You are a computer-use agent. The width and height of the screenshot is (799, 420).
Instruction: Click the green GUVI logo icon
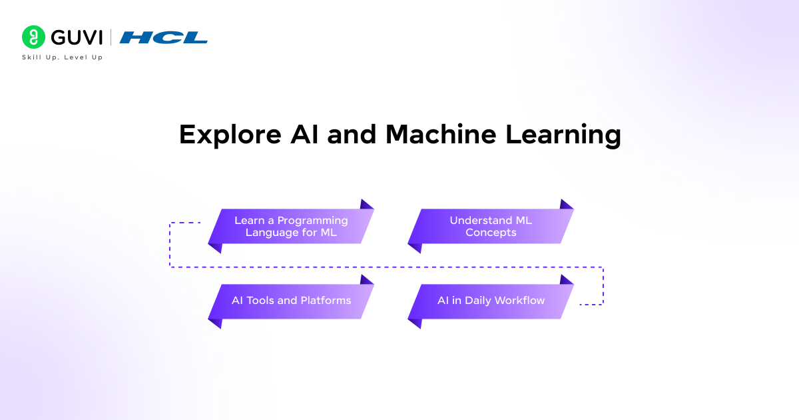click(x=33, y=37)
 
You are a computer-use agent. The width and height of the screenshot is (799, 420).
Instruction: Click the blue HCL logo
click(x=164, y=38)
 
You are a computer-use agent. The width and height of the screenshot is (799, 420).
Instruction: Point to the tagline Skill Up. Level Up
click(x=63, y=57)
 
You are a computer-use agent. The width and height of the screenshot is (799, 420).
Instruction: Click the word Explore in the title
click(x=220, y=135)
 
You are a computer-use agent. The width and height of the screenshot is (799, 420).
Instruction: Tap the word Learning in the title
click(x=563, y=135)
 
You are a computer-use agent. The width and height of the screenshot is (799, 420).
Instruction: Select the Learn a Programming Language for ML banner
click(x=291, y=227)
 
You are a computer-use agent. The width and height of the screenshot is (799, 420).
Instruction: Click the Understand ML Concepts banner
click(x=491, y=227)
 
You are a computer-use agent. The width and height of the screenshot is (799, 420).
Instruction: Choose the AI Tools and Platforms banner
click(x=291, y=301)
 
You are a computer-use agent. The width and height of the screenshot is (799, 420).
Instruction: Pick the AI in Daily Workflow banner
click(x=491, y=301)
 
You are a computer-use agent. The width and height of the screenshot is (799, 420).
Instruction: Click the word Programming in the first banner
click(x=313, y=221)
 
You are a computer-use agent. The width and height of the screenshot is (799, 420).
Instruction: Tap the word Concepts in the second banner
click(x=491, y=233)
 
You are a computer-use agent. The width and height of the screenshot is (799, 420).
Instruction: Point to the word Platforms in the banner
click(x=326, y=301)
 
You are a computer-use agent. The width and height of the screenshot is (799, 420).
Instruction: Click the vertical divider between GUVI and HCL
click(x=111, y=37)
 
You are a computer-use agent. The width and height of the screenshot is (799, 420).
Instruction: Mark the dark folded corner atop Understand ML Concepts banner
click(x=566, y=205)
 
